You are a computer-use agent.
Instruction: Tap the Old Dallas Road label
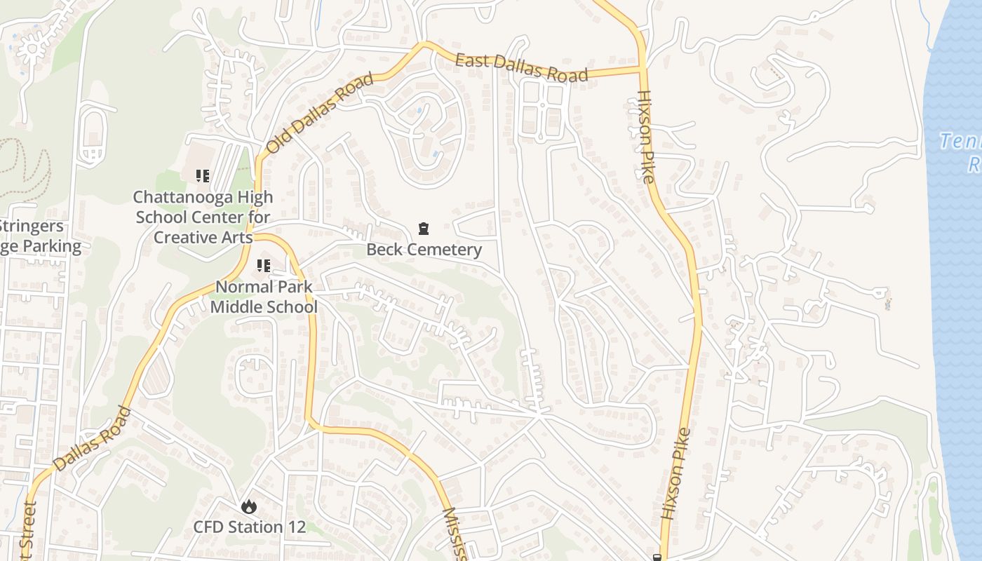tap(320, 113)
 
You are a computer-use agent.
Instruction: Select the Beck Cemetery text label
tap(424, 250)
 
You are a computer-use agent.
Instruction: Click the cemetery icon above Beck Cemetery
tap(424, 229)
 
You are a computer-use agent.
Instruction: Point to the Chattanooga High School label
tap(203, 217)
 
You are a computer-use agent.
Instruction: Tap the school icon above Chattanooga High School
tap(203, 176)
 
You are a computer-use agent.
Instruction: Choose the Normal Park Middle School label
tap(264, 297)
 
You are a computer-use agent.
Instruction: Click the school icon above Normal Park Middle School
tap(264, 266)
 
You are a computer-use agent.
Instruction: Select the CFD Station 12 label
tap(250, 527)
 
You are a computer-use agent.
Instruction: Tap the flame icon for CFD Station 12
tap(248, 506)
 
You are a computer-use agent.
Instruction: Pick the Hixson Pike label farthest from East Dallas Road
tap(676, 474)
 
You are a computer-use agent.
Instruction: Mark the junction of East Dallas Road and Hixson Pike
tap(641, 69)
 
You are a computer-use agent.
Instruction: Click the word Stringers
tap(32, 227)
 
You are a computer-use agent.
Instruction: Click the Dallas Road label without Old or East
tap(92, 439)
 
